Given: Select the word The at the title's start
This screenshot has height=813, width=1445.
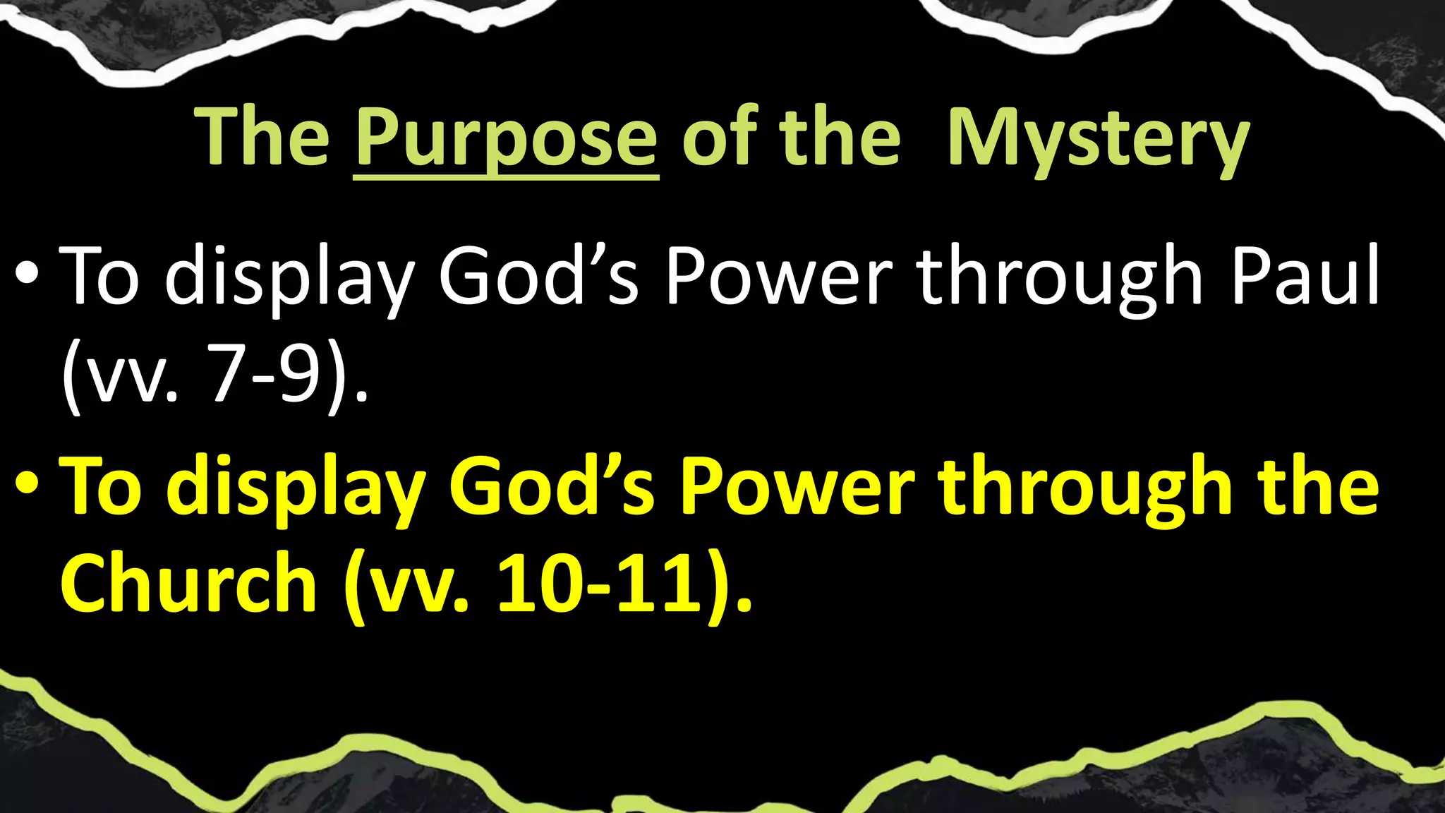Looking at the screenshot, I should [262, 138].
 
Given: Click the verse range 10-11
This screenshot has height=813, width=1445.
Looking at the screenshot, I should [600, 586].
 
